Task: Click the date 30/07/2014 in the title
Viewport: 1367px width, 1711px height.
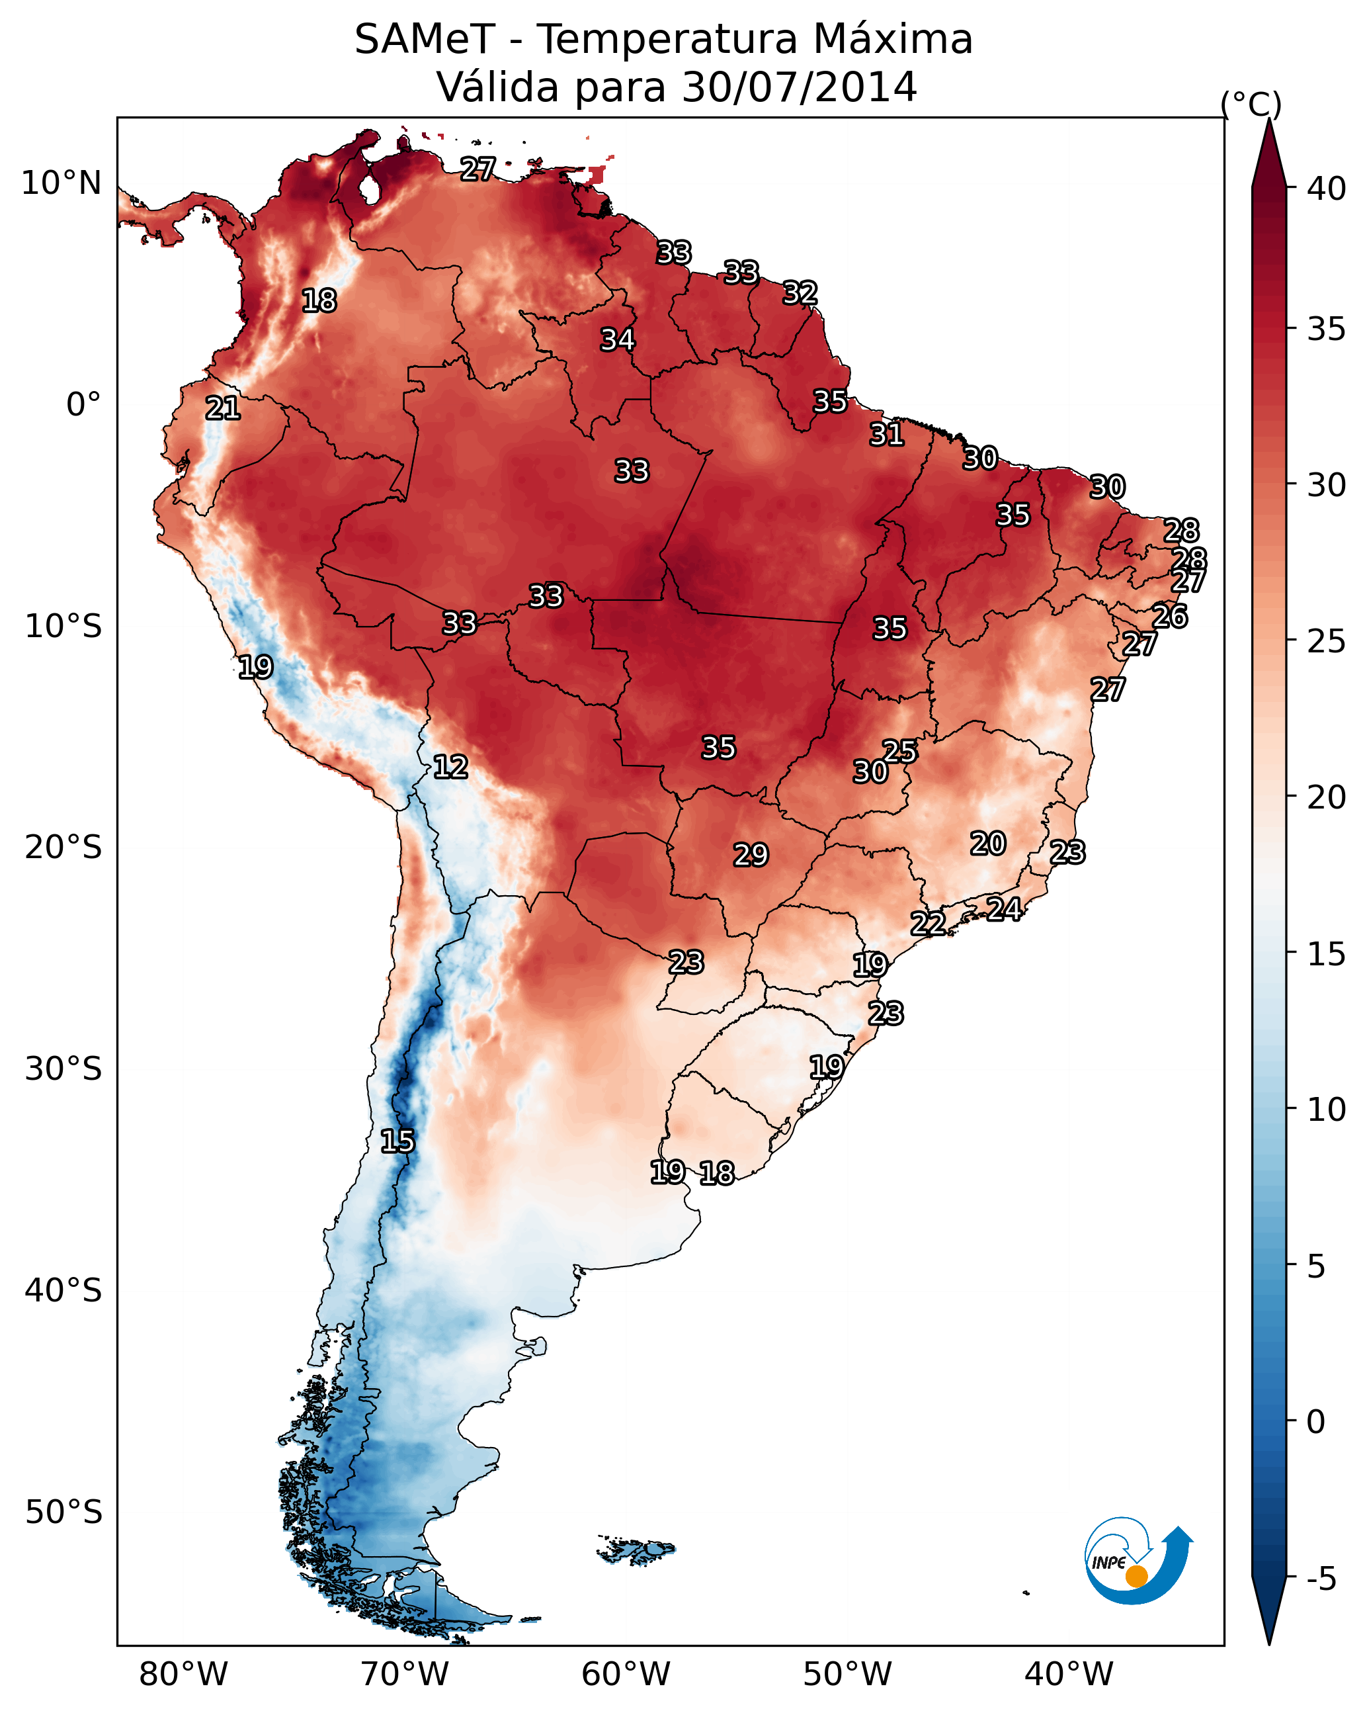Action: (x=800, y=87)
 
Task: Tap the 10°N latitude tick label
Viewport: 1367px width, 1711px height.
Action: (x=61, y=183)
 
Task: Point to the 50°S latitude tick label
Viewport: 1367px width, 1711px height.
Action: (x=63, y=1512)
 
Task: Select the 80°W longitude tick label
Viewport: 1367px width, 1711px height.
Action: (x=183, y=1675)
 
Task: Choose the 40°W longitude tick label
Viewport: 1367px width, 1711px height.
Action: (x=1069, y=1675)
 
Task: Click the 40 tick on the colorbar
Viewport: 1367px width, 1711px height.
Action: (x=1327, y=189)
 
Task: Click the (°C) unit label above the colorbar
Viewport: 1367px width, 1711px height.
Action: (x=1251, y=104)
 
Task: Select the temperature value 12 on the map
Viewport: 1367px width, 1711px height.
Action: (x=450, y=767)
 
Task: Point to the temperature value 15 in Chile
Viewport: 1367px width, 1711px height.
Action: (x=397, y=1141)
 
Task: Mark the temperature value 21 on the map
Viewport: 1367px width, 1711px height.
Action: (x=223, y=409)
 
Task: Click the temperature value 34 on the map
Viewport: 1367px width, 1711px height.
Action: (x=617, y=339)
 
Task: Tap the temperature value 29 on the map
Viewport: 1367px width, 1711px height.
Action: (x=751, y=855)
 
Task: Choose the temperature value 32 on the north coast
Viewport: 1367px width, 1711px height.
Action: (x=800, y=293)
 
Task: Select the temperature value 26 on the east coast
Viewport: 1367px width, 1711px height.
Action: (x=1170, y=616)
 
